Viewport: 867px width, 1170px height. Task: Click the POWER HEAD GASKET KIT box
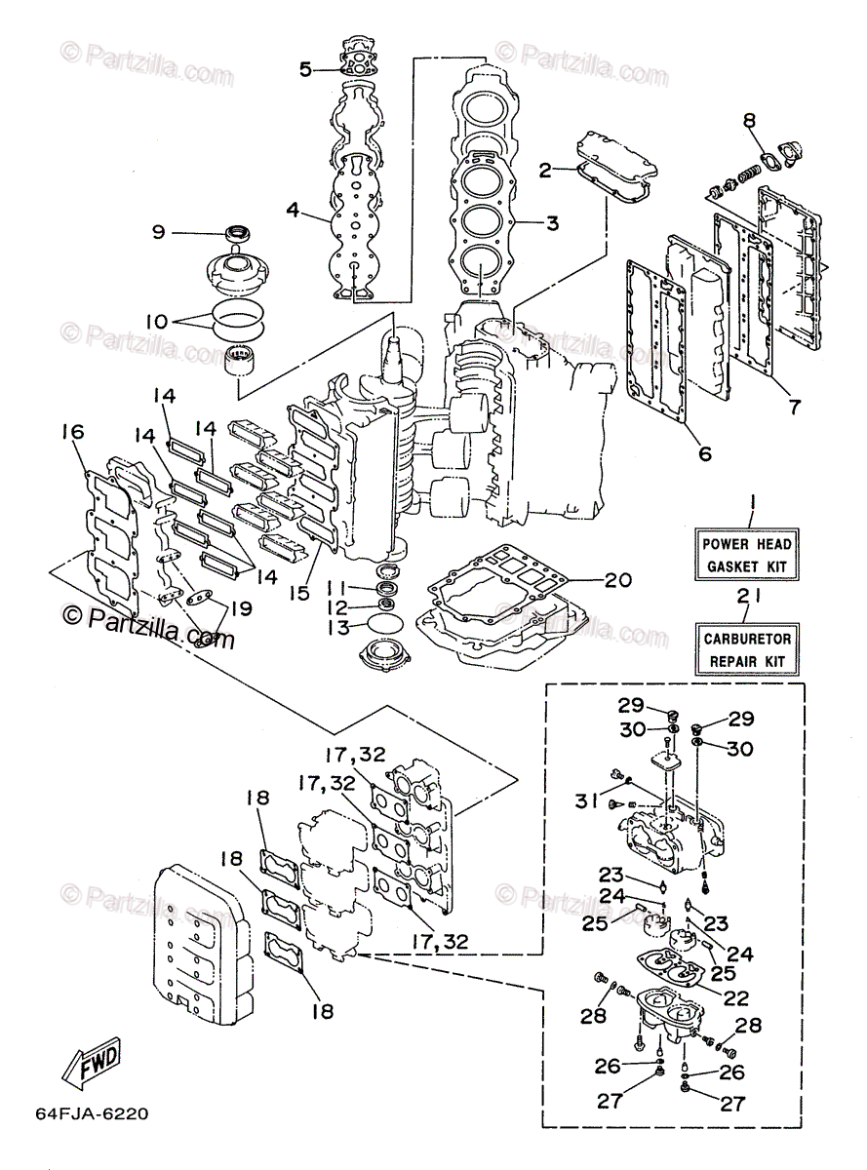[x=746, y=555]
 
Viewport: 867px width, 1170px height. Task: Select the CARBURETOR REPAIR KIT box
[x=747, y=649]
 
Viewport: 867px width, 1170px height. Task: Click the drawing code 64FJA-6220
[x=92, y=1113]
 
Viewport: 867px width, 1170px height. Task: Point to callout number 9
[x=158, y=233]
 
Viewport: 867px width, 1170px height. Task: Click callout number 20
[x=618, y=580]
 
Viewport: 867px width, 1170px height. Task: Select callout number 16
[x=73, y=432]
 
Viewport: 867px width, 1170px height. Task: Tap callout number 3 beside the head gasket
[x=552, y=223]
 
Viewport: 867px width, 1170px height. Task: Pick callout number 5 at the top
[x=306, y=69]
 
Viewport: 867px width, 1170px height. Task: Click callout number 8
[x=749, y=121]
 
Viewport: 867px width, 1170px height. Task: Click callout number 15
[x=299, y=594]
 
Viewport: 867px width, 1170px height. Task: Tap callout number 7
[x=794, y=407]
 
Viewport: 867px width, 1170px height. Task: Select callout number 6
[x=705, y=453]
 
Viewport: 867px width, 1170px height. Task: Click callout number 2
[x=545, y=171]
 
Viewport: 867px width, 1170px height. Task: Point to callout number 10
[x=157, y=322]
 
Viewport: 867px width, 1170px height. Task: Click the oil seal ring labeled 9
[x=238, y=232]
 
